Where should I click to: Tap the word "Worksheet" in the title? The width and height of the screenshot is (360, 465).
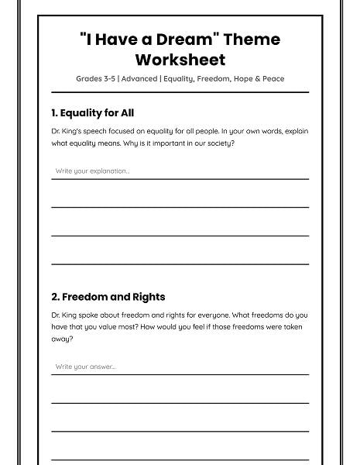tap(180, 60)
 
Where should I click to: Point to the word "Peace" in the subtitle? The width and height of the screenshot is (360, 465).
tap(272, 79)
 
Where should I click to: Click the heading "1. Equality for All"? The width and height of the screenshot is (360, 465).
tap(92, 113)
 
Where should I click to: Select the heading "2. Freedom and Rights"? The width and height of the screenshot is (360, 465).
tap(108, 297)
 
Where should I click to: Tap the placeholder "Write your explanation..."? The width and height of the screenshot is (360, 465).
tap(92, 170)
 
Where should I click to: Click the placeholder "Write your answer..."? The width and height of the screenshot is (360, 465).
tap(85, 367)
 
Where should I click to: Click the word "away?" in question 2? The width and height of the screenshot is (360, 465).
tap(62, 339)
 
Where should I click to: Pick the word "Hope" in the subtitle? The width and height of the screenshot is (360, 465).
tap(242, 79)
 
